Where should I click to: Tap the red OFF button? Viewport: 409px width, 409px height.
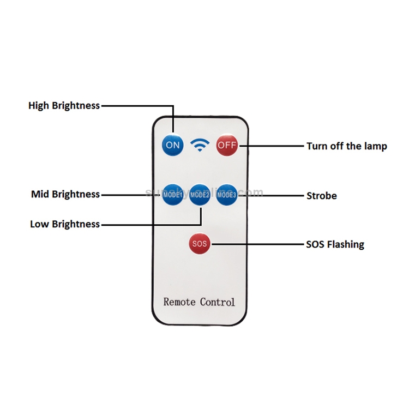click(226, 145)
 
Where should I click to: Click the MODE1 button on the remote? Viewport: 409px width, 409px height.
click(172, 194)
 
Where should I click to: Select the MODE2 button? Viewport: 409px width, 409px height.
click(200, 194)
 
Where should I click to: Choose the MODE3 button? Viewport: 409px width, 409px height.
click(226, 194)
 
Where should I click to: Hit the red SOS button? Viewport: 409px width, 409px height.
click(200, 244)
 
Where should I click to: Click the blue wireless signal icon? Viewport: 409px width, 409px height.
click(200, 145)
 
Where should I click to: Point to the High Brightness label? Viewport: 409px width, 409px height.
click(64, 105)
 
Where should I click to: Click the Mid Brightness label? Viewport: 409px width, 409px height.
click(65, 194)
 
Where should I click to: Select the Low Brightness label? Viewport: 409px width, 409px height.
click(65, 224)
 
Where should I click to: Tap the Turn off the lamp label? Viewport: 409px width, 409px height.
click(347, 146)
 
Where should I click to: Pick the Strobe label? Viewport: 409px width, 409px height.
click(322, 195)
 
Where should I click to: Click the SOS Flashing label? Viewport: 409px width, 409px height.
click(335, 244)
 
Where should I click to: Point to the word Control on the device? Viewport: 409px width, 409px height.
click(218, 302)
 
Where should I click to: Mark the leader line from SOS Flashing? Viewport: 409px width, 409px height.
click(256, 244)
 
